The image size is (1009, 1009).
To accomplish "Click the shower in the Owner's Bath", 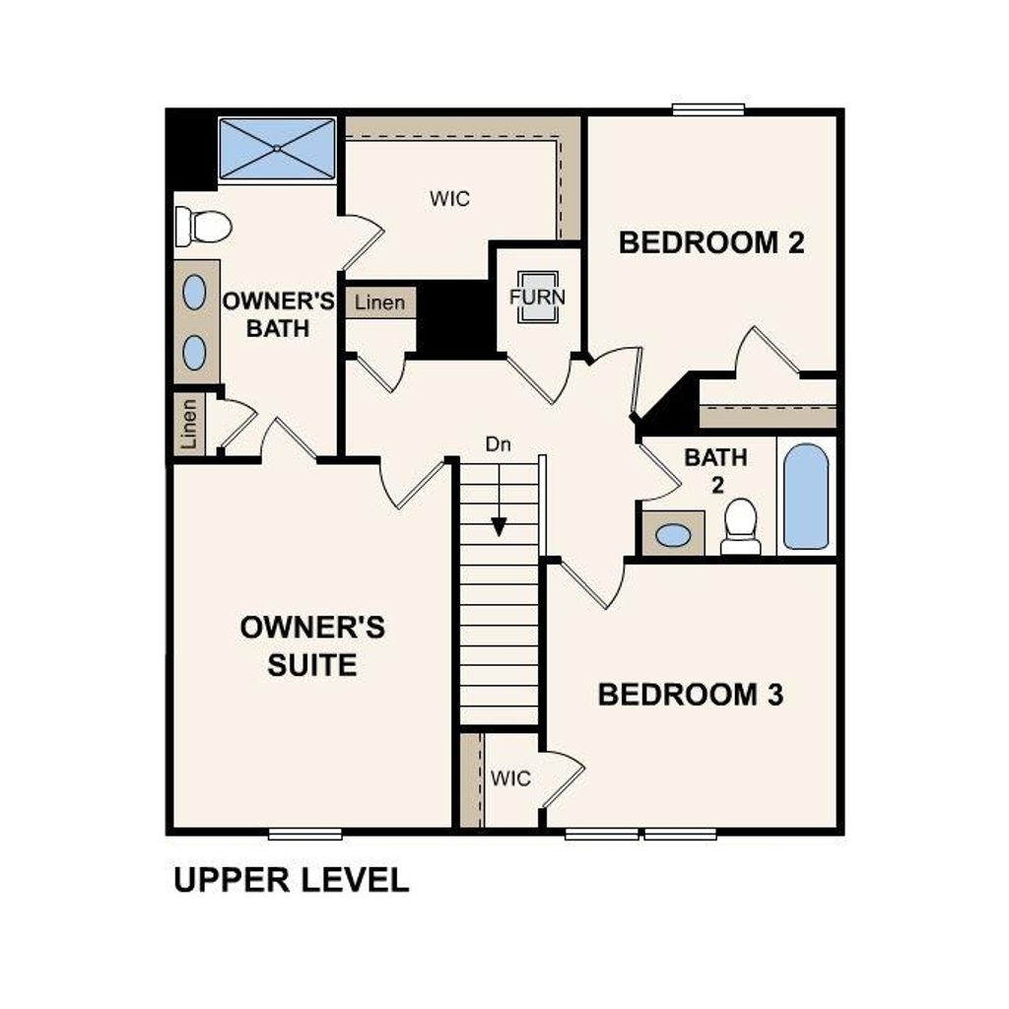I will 277,149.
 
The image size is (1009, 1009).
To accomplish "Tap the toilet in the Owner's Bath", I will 203,227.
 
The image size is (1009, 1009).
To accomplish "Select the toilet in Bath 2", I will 740,526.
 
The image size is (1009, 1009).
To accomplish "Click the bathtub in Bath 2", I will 806,497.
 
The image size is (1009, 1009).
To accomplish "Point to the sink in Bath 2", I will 673,535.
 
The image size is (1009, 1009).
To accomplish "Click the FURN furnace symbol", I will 538,297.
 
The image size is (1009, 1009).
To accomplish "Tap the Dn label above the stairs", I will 499,444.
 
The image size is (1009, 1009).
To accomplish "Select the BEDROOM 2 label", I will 711,242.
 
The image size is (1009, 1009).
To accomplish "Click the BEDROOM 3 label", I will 690,695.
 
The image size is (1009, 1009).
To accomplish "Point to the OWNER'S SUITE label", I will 312,645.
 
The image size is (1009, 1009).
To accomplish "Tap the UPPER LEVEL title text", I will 291,880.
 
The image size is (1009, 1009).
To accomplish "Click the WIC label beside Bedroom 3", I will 510,779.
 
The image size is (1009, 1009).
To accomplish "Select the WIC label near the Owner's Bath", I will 449,199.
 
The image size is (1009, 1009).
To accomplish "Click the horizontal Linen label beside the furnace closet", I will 379,303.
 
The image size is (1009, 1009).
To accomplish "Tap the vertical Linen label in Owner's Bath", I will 189,425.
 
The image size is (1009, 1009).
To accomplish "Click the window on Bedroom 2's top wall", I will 707,109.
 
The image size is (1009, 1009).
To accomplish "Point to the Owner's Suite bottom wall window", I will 305,835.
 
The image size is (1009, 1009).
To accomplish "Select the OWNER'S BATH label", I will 278,314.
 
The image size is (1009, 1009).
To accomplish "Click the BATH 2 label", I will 715,470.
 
